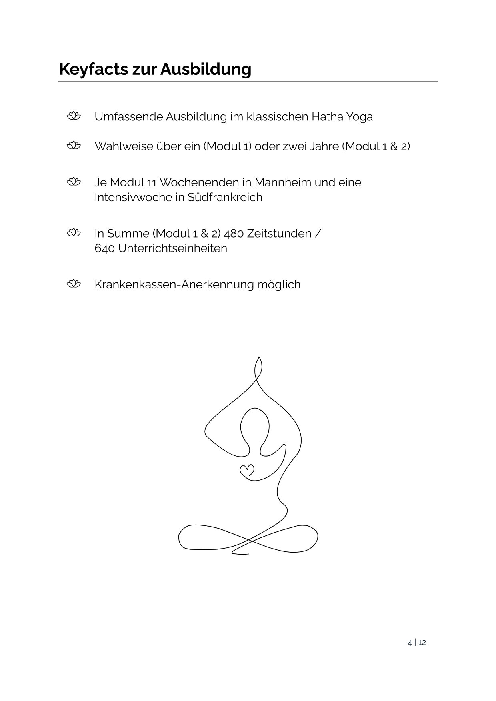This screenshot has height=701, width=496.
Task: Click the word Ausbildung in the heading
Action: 206,69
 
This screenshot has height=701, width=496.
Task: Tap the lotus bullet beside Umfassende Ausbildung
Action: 74,116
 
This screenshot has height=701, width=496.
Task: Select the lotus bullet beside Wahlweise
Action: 74,146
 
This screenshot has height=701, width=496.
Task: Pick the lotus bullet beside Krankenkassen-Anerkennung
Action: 74,284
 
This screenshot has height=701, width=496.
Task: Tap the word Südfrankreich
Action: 225,197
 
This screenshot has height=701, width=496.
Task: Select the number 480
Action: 234,233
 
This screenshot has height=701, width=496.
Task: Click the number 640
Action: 105,248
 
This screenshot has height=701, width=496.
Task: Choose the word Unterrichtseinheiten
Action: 172,248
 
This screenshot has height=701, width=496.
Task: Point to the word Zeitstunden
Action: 279,233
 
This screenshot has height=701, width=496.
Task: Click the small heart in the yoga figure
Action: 247,470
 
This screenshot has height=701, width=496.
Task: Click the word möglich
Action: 279,285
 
